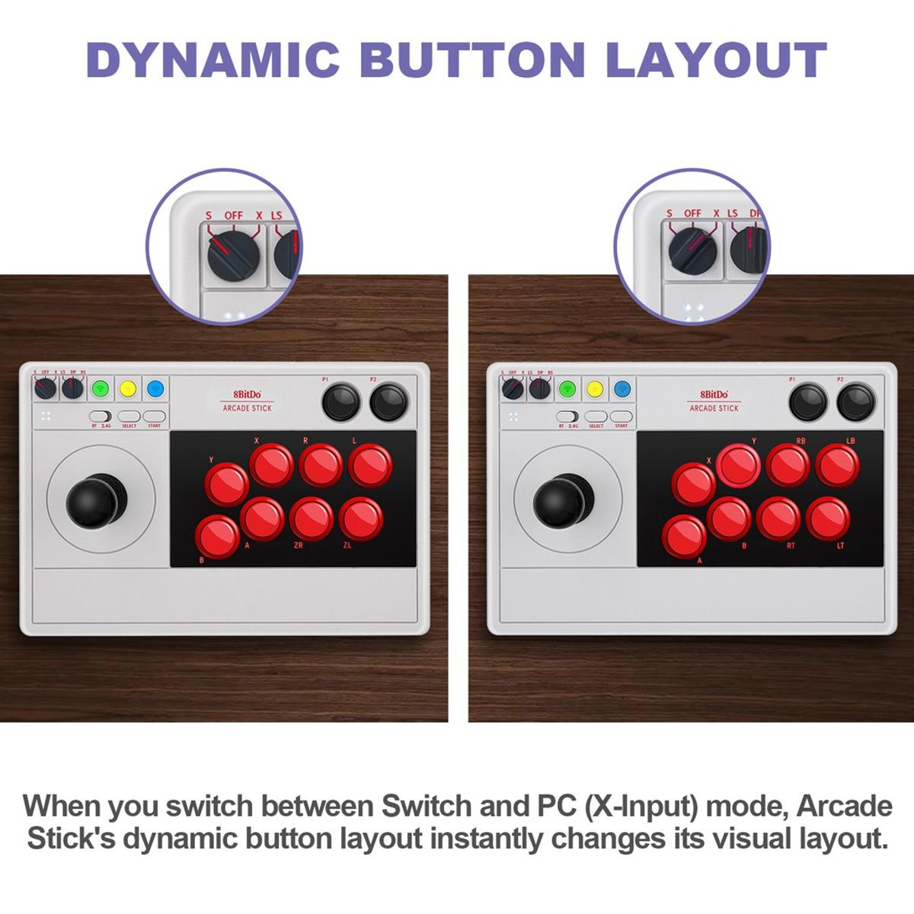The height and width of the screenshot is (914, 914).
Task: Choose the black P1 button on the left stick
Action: click(x=341, y=402)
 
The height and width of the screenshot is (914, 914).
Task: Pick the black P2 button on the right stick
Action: click(x=856, y=402)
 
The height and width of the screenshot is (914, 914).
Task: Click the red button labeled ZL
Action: click(x=361, y=519)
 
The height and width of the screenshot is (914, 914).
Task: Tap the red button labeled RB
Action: click(x=788, y=465)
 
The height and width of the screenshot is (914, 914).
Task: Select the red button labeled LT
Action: click(x=828, y=518)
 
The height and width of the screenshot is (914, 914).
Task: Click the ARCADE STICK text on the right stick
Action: click(x=714, y=408)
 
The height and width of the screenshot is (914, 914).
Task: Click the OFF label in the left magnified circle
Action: click(x=233, y=216)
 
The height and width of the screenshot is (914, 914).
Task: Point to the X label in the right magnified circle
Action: click(x=716, y=213)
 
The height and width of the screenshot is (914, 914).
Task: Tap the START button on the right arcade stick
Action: click(x=622, y=417)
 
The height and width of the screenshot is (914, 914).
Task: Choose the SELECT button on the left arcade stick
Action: click(x=129, y=417)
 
